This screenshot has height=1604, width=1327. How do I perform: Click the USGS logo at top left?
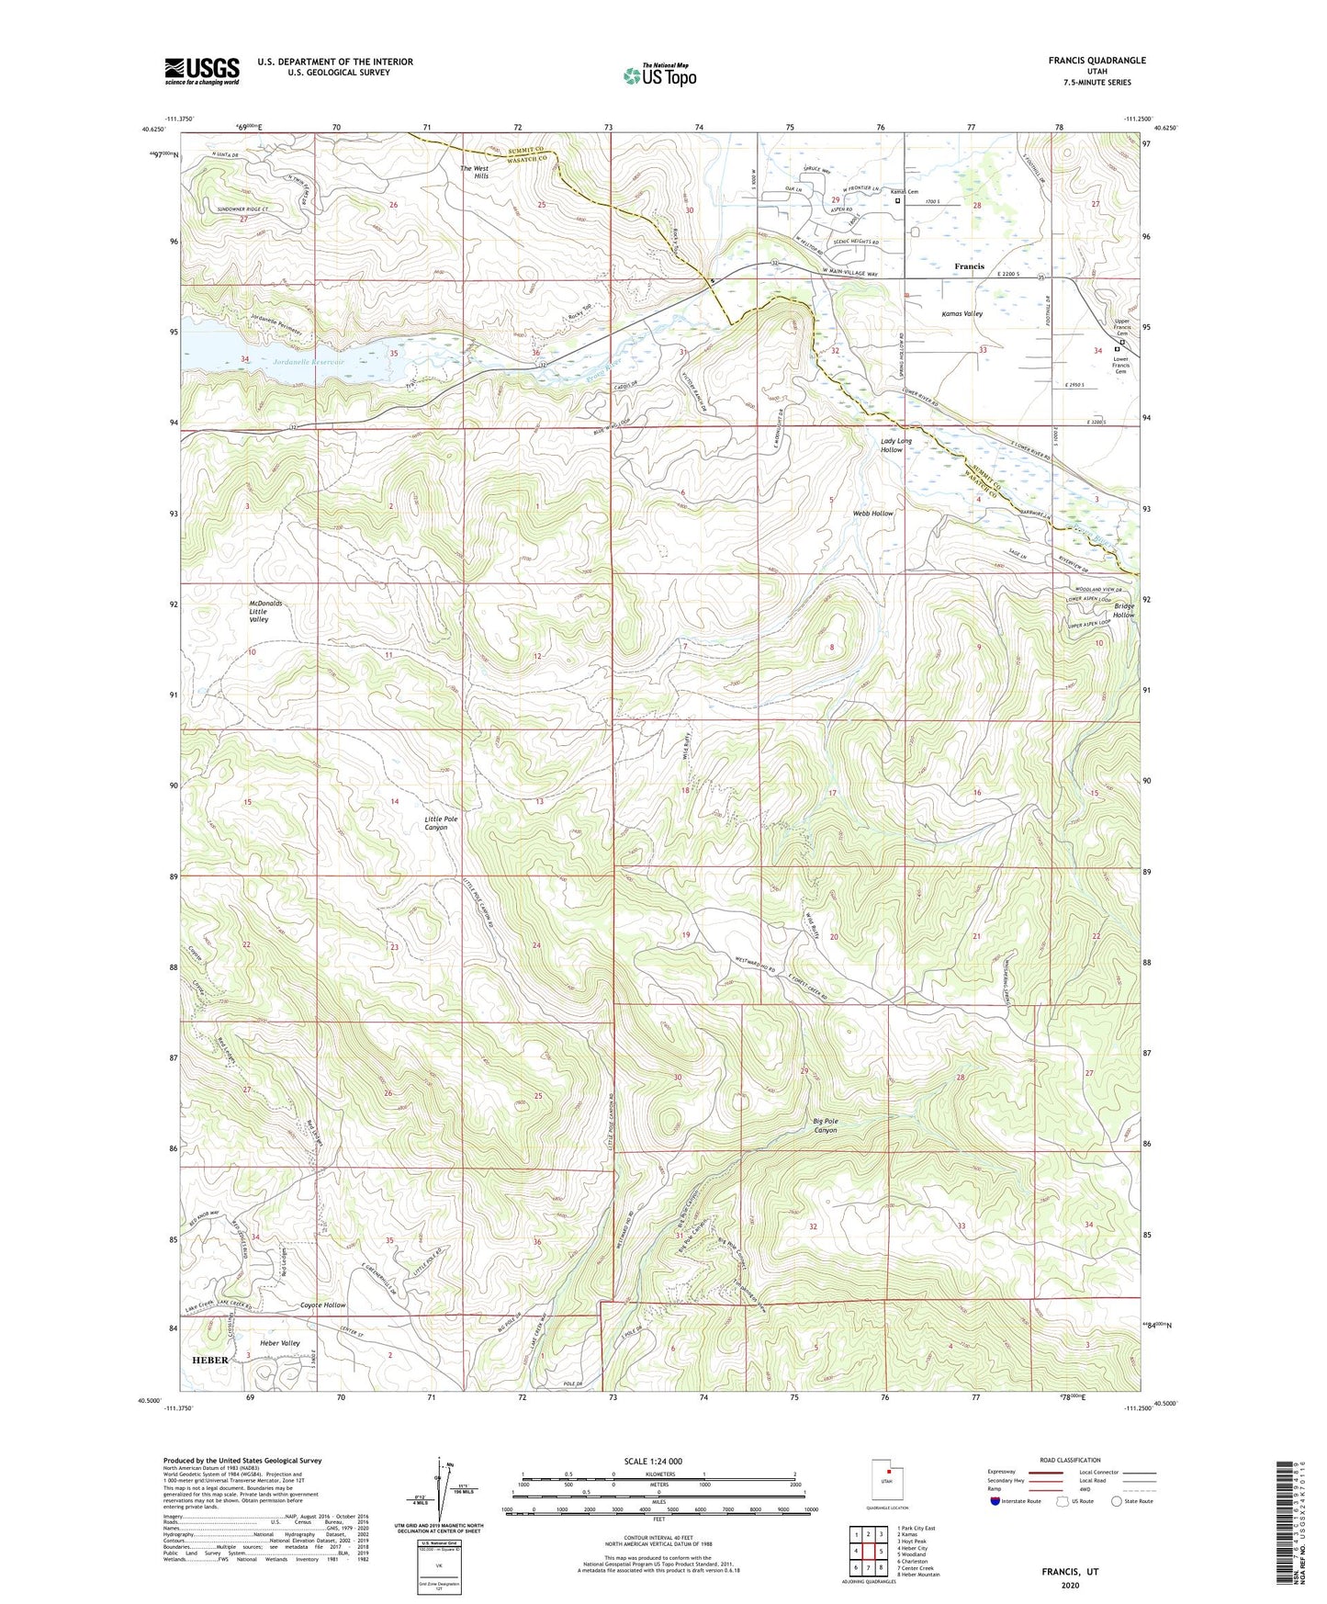coord(202,71)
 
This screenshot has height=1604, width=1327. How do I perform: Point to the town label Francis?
coord(969,266)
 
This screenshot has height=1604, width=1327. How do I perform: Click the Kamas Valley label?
coord(962,313)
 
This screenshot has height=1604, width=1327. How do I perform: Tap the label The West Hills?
coord(475,174)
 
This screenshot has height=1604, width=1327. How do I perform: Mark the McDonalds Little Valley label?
coord(265,611)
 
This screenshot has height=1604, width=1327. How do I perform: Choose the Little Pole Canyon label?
coord(441,822)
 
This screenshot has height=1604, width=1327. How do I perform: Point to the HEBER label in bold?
coord(209,1360)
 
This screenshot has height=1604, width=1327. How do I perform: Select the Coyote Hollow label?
coord(323,1305)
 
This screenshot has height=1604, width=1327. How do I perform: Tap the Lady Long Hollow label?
coord(896,445)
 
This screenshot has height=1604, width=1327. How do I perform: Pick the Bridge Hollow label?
coord(1124,610)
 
